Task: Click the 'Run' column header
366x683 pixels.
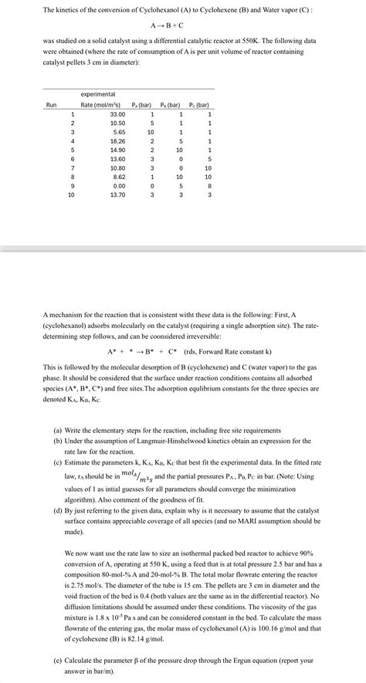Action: click(x=51, y=104)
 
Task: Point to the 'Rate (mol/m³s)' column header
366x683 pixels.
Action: click(x=101, y=104)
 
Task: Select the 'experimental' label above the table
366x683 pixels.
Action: click(x=97, y=93)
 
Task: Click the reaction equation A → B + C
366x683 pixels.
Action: click(x=182, y=25)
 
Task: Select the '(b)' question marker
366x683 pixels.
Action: click(x=57, y=441)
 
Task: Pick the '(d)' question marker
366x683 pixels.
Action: click(x=57, y=511)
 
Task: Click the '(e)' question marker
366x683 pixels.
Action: click(x=57, y=661)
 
